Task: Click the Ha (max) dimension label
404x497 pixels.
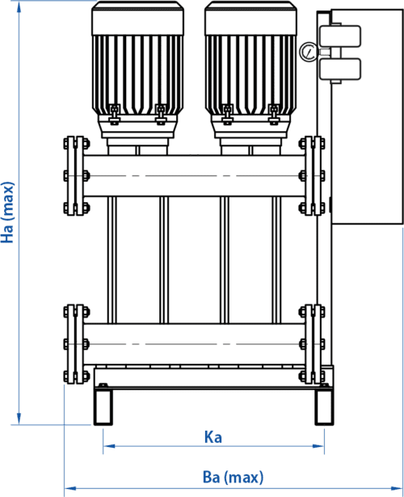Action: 7,213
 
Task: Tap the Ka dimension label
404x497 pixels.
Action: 213,437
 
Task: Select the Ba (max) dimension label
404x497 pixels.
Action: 233,478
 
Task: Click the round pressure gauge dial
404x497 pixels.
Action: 308,52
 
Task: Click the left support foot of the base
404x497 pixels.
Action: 103,407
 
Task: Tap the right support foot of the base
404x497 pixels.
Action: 324,407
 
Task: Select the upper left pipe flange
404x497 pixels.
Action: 76,176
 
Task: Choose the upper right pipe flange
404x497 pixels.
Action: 312,176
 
